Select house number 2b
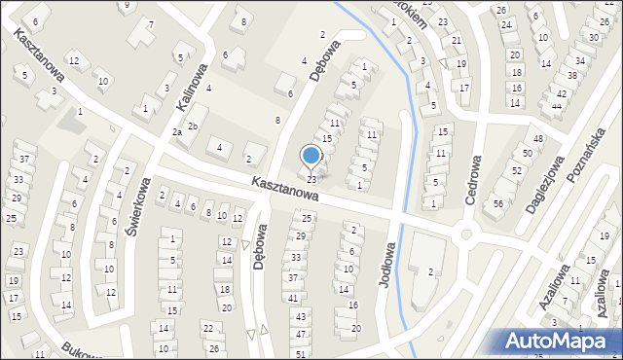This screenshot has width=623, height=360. [193, 126]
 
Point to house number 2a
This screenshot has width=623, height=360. [177, 131]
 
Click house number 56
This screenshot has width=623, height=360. [497, 203]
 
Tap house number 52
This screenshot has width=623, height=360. [516, 170]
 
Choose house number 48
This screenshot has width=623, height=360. [537, 139]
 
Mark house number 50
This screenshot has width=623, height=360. [527, 154]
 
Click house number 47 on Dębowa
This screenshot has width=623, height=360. [300, 334]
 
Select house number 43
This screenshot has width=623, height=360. [300, 317]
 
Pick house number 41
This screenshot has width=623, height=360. [293, 298]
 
